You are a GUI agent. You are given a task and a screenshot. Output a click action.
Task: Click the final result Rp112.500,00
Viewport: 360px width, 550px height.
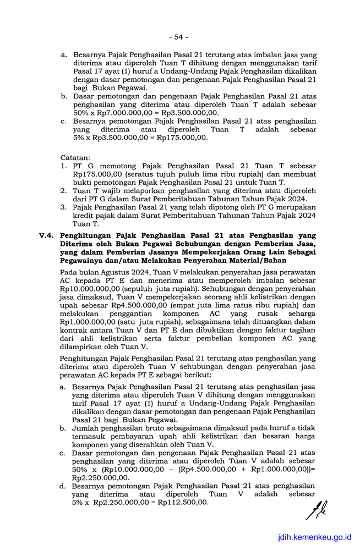pos(183,502)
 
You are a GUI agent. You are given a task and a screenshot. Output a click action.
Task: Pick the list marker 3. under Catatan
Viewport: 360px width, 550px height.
pos(64,206)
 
